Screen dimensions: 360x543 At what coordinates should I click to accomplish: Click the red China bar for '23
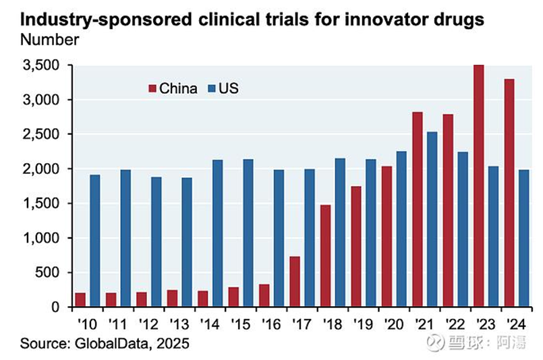click(x=479, y=186)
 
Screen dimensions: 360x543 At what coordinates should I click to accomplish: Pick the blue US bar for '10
click(x=95, y=241)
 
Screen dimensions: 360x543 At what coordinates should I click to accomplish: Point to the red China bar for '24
click(x=509, y=193)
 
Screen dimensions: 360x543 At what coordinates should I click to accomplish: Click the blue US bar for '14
click(x=217, y=233)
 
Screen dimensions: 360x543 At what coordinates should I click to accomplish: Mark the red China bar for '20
click(x=387, y=237)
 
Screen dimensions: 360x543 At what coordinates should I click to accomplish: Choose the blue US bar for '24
click(x=524, y=238)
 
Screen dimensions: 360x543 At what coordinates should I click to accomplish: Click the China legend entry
click(x=173, y=88)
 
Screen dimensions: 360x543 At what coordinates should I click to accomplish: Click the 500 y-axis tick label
click(x=49, y=272)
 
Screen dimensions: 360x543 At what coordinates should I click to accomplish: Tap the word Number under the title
click(x=49, y=39)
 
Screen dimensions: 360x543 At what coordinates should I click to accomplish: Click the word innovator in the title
click(x=380, y=19)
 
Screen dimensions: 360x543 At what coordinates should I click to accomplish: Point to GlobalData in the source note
click(x=107, y=344)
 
